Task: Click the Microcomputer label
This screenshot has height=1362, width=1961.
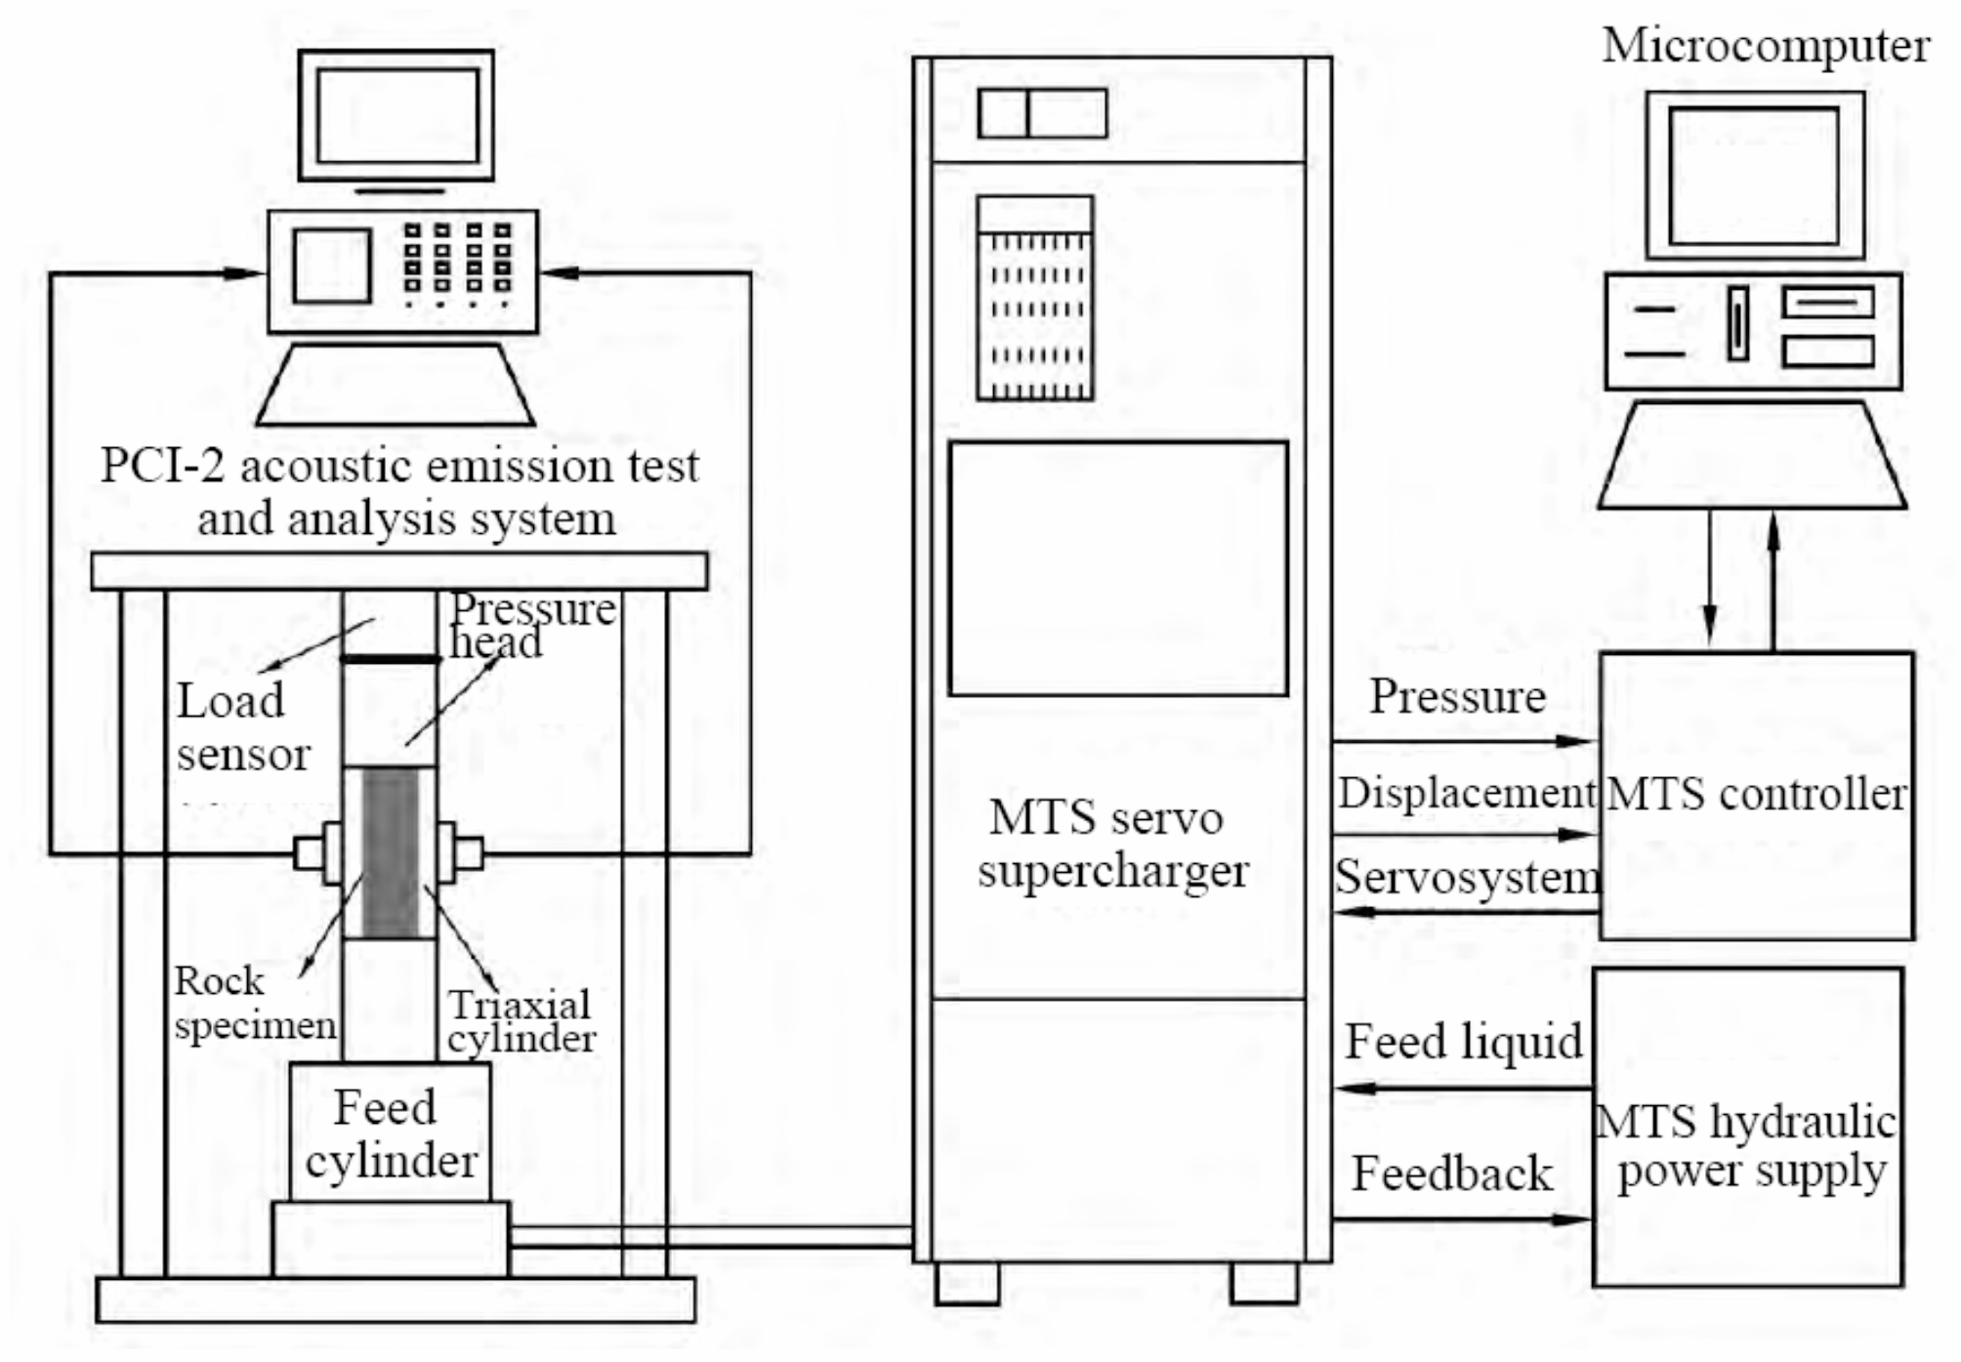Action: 1765,47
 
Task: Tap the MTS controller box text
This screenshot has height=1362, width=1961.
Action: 1755,794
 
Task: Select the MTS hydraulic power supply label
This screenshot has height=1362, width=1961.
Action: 1747,1146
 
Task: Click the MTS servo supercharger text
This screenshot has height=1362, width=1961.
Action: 1110,844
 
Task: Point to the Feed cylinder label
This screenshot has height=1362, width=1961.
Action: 390,1135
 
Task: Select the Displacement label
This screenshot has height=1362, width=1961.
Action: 1465,793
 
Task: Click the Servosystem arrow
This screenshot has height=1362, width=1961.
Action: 1465,912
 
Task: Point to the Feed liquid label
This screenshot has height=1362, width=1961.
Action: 1463,1042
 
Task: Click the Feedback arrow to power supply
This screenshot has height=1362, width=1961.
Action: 1460,1219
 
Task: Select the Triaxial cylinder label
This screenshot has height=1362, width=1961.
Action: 521,1021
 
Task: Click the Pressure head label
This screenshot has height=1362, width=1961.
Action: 532,626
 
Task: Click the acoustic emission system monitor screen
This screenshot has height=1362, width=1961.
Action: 396,116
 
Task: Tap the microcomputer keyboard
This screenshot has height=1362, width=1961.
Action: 1752,455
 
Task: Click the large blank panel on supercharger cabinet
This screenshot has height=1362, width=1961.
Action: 1117,569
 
